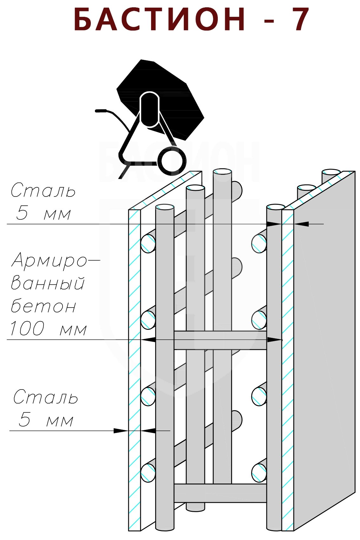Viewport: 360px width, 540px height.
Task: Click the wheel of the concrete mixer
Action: tap(172, 160)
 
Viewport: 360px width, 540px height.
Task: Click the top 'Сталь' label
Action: tap(43, 191)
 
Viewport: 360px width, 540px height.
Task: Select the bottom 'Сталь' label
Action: tap(46, 397)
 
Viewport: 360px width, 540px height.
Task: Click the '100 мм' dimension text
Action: tap(48, 329)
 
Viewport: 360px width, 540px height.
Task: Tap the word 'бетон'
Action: tap(43, 306)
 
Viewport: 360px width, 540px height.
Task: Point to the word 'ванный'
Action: tap(48, 283)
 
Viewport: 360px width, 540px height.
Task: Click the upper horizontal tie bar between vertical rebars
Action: tap(220, 340)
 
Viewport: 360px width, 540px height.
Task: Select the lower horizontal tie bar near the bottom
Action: tap(220, 493)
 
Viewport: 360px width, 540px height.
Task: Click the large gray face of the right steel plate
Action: tap(324, 349)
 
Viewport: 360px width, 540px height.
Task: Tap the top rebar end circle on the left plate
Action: tap(148, 244)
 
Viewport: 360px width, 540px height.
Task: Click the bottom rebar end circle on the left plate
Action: tap(148, 473)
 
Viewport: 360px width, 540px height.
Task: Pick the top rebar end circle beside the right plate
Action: tap(259, 244)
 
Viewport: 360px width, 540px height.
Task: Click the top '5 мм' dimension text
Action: tap(43, 213)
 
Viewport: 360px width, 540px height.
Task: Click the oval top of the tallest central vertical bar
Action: tap(222, 172)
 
